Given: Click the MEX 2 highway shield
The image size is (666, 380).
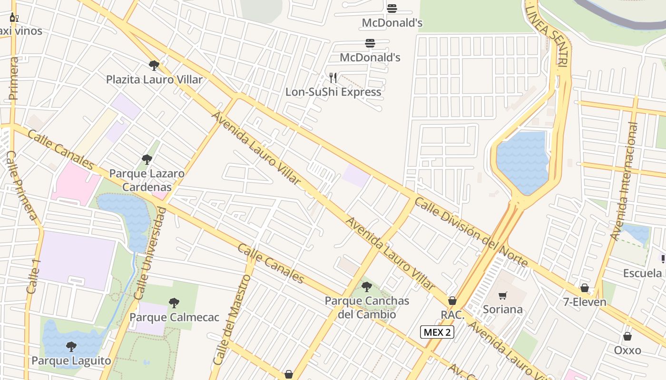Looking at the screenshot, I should (437, 332).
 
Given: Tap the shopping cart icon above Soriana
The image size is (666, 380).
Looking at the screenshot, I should (503, 296).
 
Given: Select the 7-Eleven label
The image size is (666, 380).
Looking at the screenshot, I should (585, 302).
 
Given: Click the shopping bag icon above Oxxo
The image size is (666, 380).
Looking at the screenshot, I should (627, 336).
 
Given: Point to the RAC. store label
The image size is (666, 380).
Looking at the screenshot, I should (452, 314).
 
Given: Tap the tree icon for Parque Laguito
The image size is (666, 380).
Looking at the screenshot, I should (71, 347).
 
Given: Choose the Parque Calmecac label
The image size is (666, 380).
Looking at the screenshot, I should (174, 317).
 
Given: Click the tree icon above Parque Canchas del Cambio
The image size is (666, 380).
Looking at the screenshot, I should (366, 286).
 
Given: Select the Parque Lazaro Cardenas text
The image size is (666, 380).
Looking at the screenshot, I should (147, 180).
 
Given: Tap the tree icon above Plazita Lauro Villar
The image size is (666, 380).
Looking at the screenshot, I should (154, 66).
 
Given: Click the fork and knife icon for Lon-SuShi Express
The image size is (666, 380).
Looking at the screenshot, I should (333, 77).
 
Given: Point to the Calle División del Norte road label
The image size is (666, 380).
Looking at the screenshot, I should (471, 232).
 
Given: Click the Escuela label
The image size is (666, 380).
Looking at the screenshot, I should (642, 273).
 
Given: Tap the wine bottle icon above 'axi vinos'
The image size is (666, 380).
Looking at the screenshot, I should (14, 18).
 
